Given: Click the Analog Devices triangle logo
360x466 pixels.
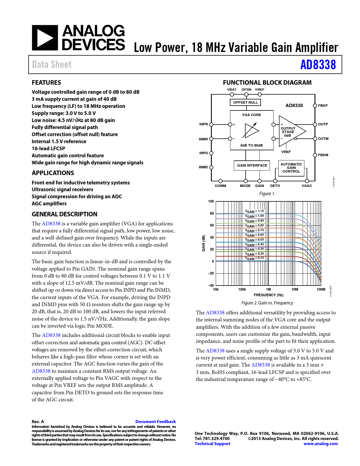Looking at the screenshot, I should (x=45, y=38).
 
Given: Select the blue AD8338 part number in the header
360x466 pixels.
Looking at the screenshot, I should (x=318, y=65).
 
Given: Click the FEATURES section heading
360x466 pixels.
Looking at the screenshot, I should (x=46, y=82).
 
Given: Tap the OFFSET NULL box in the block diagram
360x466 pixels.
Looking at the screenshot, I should (x=245, y=102).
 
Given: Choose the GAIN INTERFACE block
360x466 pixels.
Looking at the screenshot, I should (x=252, y=166).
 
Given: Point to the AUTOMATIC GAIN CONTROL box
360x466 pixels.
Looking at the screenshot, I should (x=291, y=168).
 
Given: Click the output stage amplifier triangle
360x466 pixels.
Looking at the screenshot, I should (x=291, y=131).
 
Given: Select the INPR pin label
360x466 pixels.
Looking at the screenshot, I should (x=203, y=124).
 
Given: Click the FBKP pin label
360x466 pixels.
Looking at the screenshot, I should (x=323, y=106).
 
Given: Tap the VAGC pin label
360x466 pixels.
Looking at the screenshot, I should (x=307, y=186).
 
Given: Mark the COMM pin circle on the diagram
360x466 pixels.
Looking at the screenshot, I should (x=221, y=181).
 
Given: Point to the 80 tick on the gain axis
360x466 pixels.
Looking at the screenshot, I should (x=212, y=214).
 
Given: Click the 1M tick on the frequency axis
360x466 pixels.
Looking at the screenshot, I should (x=268, y=289).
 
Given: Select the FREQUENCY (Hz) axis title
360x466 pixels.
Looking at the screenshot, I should (x=268, y=295).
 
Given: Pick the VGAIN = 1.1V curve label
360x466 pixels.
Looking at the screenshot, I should (x=254, y=211).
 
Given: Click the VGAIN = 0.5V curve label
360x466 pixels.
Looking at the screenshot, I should (x=254, y=240).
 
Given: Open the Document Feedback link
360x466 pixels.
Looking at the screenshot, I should (x=155, y=422).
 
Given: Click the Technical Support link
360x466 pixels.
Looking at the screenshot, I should (x=212, y=444).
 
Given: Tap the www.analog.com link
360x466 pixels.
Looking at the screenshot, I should (x=320, y=444).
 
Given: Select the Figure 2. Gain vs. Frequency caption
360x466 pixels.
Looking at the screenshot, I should (x=267, y=303).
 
